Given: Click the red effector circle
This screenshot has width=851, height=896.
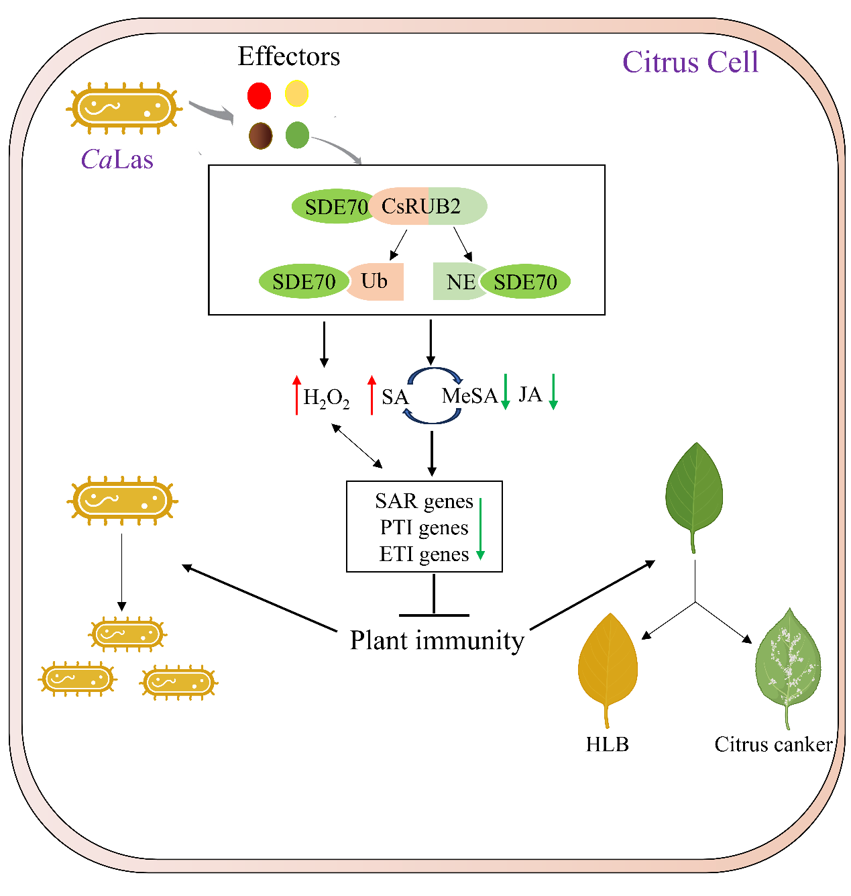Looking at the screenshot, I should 259,95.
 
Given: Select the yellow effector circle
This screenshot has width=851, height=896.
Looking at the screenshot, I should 296,94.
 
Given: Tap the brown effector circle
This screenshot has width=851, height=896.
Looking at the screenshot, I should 260,136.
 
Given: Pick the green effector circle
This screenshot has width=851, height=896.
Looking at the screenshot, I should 297,135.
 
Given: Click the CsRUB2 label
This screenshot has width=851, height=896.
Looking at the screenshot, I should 421,206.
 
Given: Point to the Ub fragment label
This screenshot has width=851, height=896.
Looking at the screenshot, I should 374,281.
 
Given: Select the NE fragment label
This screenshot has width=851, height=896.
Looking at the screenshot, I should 461,282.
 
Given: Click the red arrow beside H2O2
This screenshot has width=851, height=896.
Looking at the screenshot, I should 296,395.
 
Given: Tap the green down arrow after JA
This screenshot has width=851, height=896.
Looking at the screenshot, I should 553,392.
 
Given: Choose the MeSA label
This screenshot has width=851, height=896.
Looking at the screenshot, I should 469,396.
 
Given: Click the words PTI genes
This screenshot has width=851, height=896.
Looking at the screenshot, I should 424,528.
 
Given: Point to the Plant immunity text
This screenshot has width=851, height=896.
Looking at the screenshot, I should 437,640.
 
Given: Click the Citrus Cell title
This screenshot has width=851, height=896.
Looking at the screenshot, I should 690,62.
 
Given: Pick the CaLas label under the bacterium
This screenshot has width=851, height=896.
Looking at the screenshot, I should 117,159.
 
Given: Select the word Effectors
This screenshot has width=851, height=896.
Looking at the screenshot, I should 289,56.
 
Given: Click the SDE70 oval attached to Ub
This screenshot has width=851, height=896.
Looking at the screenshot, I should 304,282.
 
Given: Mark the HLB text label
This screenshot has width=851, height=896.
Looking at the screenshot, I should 608,744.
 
